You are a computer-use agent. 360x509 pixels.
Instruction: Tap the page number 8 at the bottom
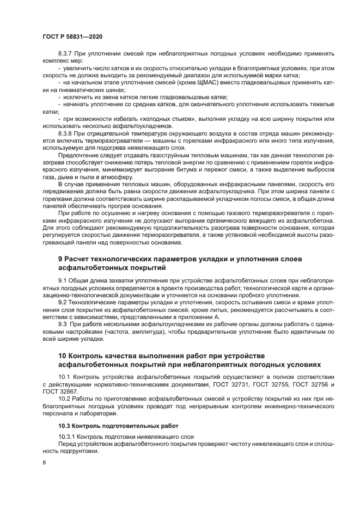pyautogui.click(x=44, y=462)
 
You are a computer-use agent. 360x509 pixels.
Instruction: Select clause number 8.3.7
pyautogui.click(x=66, y=54)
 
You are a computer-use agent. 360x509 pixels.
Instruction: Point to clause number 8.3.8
pyautogui.click(x=66, y=132)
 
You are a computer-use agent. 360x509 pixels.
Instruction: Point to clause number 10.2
pyautogui.click(x=65, y=399)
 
